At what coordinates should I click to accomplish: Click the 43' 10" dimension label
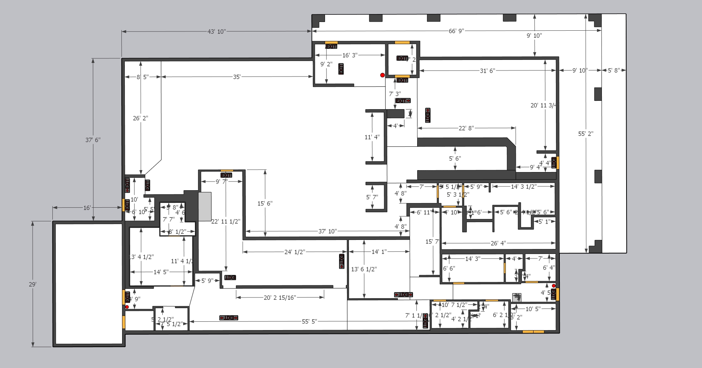[216, 31]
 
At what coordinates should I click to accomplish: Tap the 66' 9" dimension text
[456, 31]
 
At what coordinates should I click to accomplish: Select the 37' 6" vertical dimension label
[93, 140]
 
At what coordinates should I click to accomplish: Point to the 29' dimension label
[33, 284]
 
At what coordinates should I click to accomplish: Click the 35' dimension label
[237, 77]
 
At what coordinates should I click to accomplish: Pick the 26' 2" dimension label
[140, 118]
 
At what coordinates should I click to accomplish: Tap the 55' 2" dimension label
[586, 134]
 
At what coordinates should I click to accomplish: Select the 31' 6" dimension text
[487, 71]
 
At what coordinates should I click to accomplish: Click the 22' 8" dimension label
[466, 128]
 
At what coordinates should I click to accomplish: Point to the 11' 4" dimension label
[372, 137]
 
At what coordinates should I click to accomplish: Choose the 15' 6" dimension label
[265, 204]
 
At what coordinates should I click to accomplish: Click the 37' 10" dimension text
[327, 231]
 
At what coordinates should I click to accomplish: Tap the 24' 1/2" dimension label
[295, 252]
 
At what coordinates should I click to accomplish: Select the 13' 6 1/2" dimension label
[364, 269]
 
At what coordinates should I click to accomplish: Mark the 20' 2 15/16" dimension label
[280, 298]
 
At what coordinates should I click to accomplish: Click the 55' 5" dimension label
[309, 321]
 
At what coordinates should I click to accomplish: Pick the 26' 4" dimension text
[498, 243]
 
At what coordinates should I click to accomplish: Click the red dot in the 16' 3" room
[382, 75]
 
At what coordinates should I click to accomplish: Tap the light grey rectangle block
[205, 206]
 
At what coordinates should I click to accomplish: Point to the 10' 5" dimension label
[533, 309]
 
